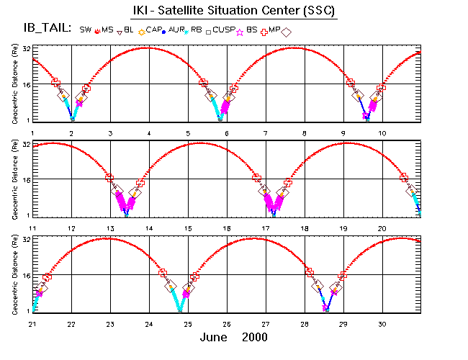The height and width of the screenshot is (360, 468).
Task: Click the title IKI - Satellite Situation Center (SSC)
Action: [233, 11]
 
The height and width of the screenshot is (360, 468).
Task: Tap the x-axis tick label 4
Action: [150, 134]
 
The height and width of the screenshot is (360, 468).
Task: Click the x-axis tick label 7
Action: [266, 134]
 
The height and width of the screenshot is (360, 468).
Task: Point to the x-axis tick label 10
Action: [382, 134]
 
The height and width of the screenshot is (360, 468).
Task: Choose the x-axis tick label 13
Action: [110, 229]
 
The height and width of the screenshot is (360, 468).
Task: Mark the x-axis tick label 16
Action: [227, 229]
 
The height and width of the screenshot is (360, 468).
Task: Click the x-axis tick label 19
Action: [343, 229]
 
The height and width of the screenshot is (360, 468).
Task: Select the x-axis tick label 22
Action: [71, 325]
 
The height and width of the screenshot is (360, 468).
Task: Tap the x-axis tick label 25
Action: [188, 325]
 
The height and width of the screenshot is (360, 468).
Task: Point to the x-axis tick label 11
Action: [32, 229]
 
